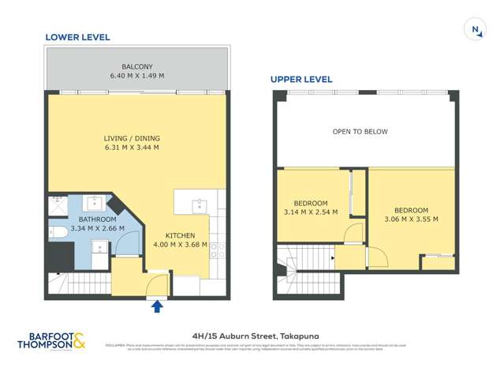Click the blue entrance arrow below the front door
click(157, 306)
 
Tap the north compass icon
click(476, 30)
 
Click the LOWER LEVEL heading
click(77, 37)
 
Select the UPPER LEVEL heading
click(301, 79)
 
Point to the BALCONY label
click(137, 66)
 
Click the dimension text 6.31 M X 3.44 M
click(132, 147)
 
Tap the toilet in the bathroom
click(58, 232)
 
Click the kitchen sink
click(200, 205)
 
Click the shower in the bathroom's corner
click(58, 205)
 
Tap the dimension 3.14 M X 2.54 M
click(310, 212)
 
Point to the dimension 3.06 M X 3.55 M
click(411, 219)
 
